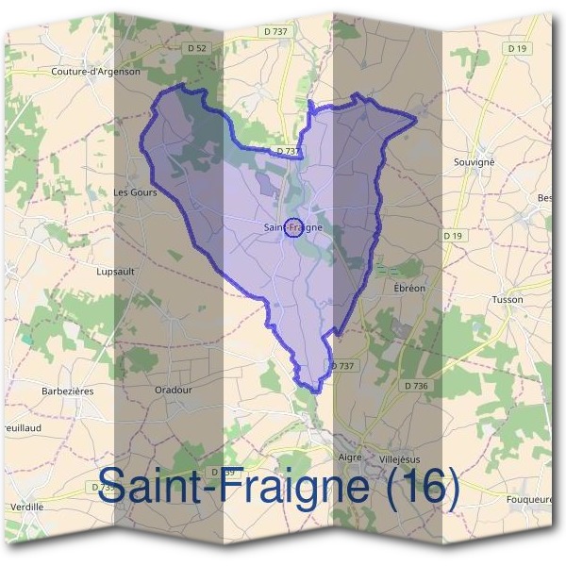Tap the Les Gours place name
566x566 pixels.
point(134,192)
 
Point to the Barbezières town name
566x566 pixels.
point(68,390)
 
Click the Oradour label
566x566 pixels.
point(174,389)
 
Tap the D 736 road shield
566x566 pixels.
point(416,386)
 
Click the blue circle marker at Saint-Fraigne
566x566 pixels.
point(292,227)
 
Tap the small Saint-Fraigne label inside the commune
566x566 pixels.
point(293,227)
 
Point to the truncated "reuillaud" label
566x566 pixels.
point(21,427)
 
